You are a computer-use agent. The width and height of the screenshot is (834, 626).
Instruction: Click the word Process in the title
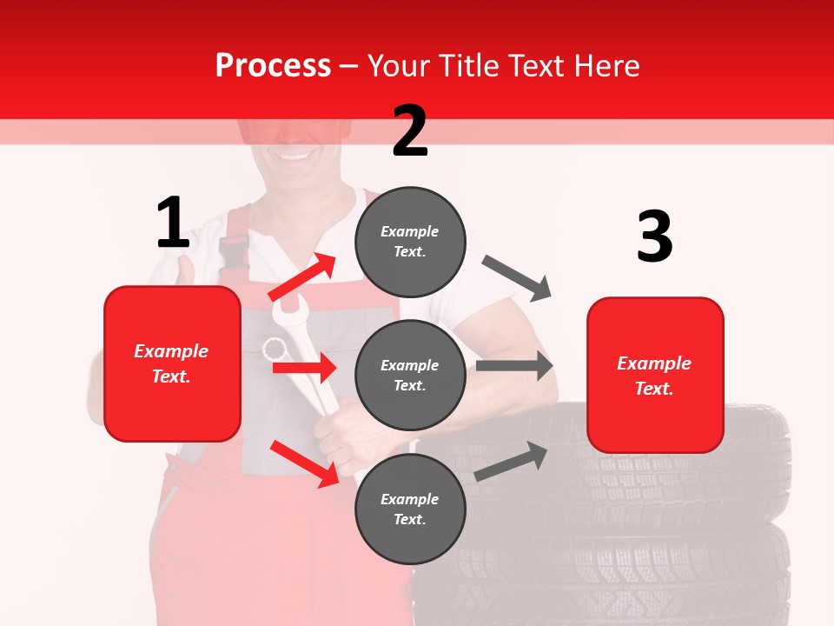click(273, 65)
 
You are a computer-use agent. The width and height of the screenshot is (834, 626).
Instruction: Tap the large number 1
click(173, 223)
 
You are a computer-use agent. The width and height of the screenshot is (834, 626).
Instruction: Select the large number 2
click(410, 130)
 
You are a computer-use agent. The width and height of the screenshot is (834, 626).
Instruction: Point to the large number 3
click(654, 236)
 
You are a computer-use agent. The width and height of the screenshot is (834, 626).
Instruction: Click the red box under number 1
click(172, 363)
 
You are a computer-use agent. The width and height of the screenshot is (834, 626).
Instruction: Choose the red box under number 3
click(655, 375)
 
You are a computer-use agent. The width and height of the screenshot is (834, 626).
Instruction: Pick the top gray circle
click(410, 242)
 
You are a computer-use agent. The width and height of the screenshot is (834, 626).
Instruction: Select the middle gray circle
click(410, 375)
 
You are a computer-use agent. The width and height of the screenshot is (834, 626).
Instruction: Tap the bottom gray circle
click(410, 509)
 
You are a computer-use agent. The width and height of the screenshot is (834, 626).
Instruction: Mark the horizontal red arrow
click(304, 368)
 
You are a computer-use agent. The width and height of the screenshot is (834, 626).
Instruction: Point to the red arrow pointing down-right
click(305, 463)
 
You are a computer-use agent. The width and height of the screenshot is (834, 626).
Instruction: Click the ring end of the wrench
click(275, 350)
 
